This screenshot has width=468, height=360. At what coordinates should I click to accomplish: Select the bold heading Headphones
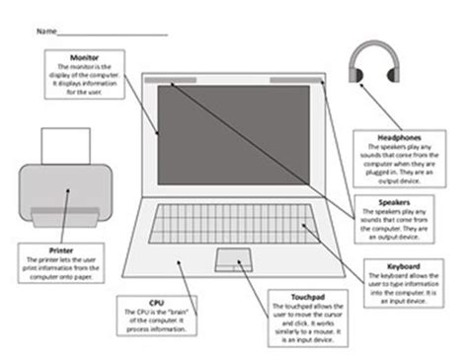(395, 136)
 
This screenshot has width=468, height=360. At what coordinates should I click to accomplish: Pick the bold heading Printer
(60, 251)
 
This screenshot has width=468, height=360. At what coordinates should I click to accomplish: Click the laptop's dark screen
(235, 128)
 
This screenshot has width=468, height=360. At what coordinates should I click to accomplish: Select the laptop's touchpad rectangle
(233, 259)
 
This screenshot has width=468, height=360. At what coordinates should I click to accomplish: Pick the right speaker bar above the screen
(287, 78)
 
